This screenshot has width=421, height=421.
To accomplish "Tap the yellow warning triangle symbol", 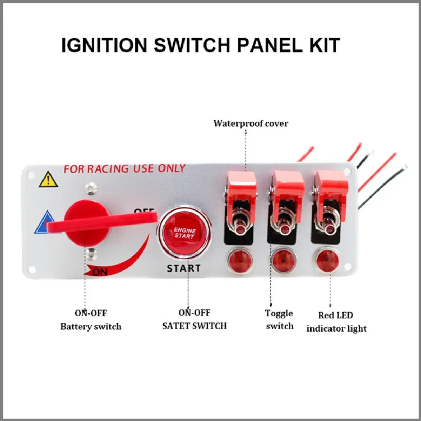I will (48, 180).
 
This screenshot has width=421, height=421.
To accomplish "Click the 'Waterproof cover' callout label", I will (251, 123).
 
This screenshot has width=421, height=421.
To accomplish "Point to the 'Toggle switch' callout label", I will (279, 320).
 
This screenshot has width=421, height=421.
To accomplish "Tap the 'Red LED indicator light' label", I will (336, 322).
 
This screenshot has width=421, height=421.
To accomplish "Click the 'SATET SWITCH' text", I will (194, 326).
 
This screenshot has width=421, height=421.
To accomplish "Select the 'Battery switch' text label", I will (91, 327).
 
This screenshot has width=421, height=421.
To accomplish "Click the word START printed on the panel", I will (183, 268).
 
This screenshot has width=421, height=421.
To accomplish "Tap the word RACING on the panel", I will (108, 169).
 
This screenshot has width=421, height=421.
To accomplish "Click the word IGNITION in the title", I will (104, 45).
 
